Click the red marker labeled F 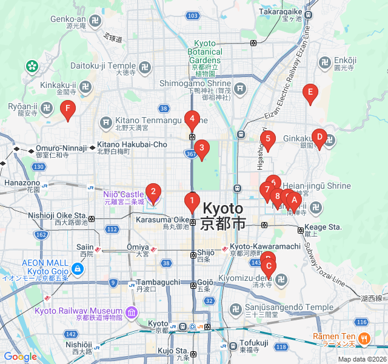coord(69,110)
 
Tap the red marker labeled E coord(310,93)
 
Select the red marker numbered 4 coord(192,119)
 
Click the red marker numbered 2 coord(153,193)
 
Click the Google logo coord(20,357)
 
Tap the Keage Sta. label coord(327,227)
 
